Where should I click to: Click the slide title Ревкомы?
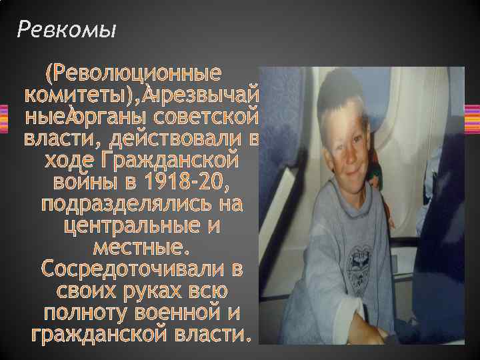pos(66,29)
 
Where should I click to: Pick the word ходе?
pos(67,162)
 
